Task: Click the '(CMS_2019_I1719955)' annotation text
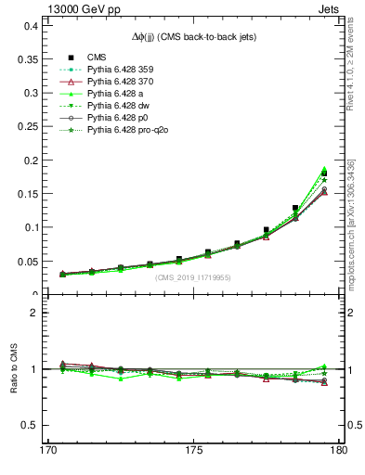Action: [x=194, y=276]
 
